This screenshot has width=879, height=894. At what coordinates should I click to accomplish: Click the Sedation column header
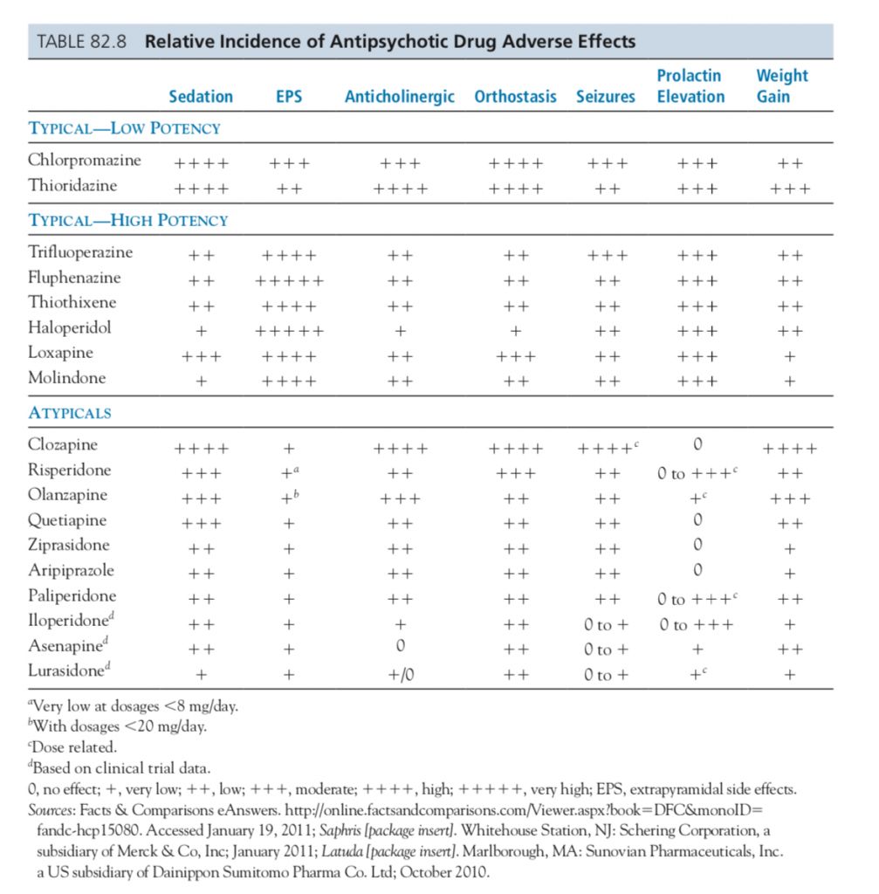[201, 96]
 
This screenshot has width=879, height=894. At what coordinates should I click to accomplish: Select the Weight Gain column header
[781, 86]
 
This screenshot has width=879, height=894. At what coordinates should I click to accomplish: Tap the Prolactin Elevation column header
[690, 86]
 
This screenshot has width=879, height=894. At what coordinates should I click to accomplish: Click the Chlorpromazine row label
[84, 161]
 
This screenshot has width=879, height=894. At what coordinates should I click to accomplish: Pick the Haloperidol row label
[70, 328]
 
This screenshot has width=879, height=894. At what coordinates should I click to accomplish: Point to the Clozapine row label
[63, 445]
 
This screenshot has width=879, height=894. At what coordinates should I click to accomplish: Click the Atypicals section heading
[70, 412]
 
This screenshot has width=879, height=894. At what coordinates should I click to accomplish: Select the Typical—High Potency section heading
[127, 220]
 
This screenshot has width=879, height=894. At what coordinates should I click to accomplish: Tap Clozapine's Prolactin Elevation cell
[696, 447]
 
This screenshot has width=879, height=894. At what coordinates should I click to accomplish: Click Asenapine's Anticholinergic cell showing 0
[399, 648]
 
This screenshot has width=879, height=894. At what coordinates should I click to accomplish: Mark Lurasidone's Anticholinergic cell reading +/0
[399, 674]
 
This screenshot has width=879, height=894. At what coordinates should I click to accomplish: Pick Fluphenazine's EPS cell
[289, 281]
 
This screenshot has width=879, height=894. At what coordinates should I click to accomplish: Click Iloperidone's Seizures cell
[605, 623]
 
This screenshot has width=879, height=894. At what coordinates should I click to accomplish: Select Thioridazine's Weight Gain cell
[790, 188]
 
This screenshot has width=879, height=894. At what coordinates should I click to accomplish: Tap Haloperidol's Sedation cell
[201, 332]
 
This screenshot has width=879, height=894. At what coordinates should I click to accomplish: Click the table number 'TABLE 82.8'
[83, 42]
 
